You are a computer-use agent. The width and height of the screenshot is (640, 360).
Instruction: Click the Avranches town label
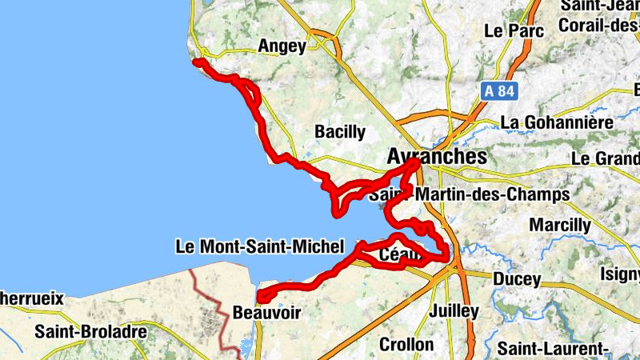tap(436, 156)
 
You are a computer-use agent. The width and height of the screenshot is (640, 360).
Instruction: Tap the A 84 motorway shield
tap(498, 91)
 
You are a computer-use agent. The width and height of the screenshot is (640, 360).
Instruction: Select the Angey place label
tap(282, 46)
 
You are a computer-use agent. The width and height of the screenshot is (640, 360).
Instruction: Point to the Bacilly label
tap(340, 131)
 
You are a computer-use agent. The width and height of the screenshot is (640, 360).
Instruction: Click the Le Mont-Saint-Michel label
tap(259, 246)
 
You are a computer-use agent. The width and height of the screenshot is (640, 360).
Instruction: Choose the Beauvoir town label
tap(266, 313)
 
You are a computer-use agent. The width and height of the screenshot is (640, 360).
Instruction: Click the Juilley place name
tap(454, 310)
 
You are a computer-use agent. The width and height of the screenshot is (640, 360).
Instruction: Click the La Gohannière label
tap(557, 123)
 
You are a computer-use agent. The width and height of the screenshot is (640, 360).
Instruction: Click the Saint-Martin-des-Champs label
tap(469, 194)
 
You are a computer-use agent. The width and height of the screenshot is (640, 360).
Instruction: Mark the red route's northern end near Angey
tap(197, 62)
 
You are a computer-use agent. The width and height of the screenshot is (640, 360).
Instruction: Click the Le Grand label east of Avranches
tap(606, 158)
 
